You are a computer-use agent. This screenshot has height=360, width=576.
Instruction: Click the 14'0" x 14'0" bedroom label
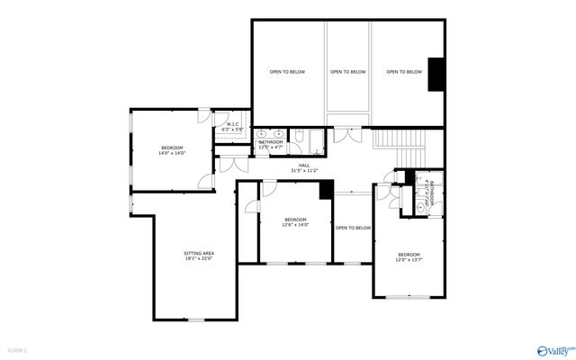(172, 150)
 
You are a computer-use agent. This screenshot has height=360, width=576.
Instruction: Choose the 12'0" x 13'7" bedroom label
(409, 257)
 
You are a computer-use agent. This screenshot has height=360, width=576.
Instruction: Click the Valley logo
(553, 348)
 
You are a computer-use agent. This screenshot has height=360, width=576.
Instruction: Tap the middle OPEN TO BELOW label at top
(347, 72)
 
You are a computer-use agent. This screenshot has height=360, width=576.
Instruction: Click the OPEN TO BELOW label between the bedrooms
(353, 228)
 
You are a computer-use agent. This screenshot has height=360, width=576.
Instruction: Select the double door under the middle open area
(347, 135)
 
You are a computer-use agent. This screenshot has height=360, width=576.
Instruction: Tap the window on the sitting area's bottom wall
(195, 319)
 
